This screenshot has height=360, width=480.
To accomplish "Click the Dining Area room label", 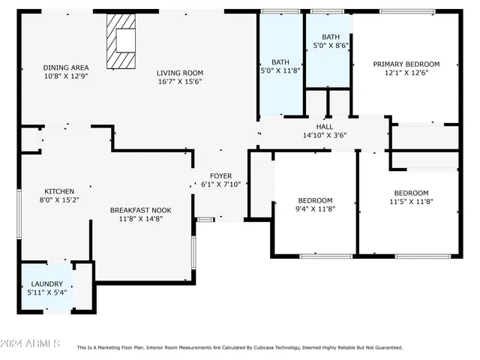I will click(66, 67).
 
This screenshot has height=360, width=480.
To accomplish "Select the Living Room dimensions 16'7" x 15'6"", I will click(180, 82).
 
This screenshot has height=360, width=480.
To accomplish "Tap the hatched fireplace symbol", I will click(121, 40).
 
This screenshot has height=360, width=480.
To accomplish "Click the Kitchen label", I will click(58, 190).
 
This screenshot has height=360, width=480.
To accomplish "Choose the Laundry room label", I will click(46, 283).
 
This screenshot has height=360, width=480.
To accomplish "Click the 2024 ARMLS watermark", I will click(30, 343).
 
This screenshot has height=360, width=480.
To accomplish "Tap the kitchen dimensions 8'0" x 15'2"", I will click(58, 200).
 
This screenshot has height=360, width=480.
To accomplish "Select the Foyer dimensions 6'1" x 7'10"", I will click(220, 184).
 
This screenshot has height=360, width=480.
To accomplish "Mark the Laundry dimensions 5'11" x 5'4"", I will click(46, 292).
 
